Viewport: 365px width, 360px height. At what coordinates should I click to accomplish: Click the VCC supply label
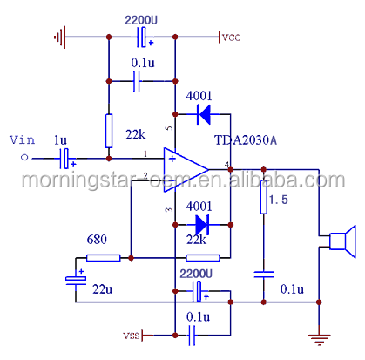click(232, 37)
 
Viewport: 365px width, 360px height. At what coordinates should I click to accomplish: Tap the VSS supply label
click(132, 336)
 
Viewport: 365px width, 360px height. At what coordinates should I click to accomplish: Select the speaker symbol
click(342, 241)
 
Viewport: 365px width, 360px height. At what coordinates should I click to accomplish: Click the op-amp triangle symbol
click(186, 170)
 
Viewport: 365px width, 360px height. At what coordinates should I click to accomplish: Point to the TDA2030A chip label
click(246, 140)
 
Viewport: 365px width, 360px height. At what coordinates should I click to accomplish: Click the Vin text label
click(23, 139)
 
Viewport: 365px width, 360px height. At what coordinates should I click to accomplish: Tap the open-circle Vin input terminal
click(24, 158)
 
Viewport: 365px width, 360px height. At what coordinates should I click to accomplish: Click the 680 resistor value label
click(97, 240)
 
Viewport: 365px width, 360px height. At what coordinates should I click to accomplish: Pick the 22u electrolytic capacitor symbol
click(76, 279)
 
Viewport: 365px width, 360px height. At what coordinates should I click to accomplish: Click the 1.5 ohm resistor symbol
click(264, 197)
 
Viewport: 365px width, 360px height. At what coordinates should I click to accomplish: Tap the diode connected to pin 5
click(204, 114)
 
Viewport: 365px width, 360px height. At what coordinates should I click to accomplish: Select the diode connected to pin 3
click(202, 225)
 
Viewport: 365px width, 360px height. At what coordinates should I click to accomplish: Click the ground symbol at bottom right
click(319, 338)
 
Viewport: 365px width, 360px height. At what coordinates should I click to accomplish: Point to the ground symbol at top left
click(60, 37)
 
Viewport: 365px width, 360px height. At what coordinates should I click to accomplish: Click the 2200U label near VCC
click(141, 20)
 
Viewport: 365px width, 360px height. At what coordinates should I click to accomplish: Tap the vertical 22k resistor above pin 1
click(109, 131)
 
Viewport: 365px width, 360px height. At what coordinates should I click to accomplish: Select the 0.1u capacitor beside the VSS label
click(192, 336)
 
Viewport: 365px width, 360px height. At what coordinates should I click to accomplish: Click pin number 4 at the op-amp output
click(226, 165)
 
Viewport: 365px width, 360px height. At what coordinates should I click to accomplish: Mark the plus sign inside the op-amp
click(172, 159)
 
